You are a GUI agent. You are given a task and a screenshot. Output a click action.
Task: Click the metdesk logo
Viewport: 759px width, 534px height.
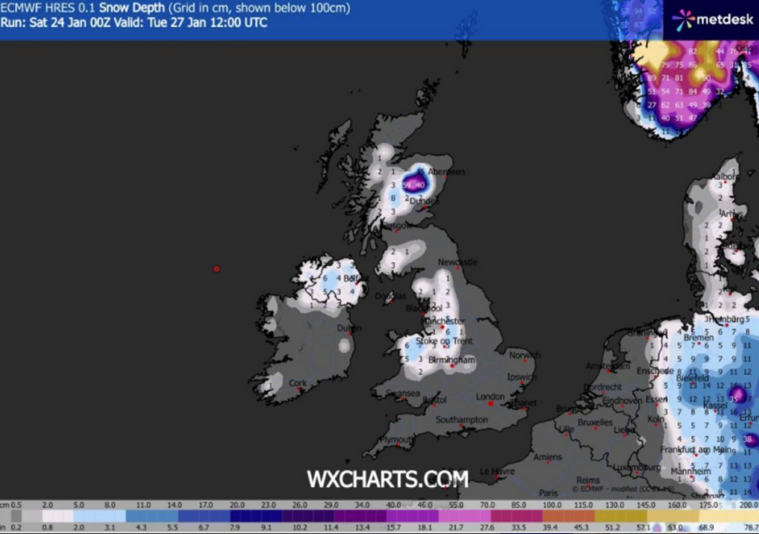tap(710, 20)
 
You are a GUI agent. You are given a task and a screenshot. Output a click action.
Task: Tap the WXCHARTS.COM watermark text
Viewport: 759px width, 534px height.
tap(388, 478)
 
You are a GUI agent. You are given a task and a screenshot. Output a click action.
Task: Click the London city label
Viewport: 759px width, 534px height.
tap(490, 397)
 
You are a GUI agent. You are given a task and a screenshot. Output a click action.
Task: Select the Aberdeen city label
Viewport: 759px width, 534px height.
tap(447, 172)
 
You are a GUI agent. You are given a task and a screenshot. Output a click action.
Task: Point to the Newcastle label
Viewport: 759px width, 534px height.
tap(458, 262)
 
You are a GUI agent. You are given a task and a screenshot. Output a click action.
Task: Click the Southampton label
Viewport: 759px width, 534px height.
tap(461, 420)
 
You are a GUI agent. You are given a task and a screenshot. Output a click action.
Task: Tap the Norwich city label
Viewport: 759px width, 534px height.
tap(524, 355)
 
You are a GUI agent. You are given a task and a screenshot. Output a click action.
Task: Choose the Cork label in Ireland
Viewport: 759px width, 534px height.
tap(297, 383)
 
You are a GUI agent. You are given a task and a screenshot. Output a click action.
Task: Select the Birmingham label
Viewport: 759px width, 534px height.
tap(452, 360)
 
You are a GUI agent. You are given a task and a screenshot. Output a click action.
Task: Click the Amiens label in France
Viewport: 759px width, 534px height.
tap(547, 457)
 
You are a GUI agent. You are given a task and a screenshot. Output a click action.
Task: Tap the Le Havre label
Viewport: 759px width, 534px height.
tap(497, 472)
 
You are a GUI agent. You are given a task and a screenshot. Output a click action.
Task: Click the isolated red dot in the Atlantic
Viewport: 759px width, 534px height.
tap(216, 269)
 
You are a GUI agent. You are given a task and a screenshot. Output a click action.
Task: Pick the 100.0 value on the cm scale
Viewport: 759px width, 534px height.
tap(552, 505)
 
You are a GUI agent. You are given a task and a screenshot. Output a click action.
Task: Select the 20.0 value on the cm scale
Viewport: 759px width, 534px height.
tap(237, 505)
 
